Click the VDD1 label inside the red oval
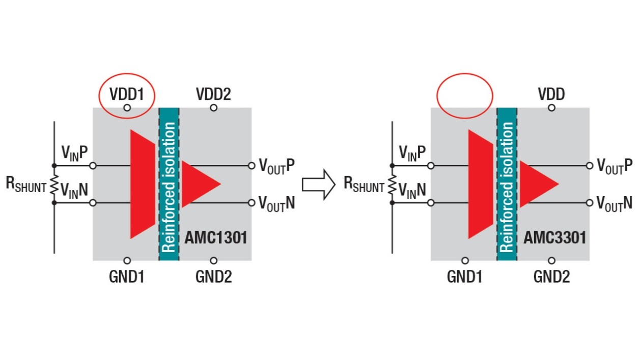pos(127,94)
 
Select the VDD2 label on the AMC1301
pos(213,94)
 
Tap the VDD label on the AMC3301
pos(551,94)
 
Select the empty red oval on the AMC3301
pos(465,95)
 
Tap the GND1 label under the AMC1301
pos(127,277)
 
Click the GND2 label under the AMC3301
pos(551,277)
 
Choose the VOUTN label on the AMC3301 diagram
pos(615,203)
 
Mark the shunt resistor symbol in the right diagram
pos(392,184)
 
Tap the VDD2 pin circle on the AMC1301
pos(213,108)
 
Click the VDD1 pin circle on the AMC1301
pos(127,108)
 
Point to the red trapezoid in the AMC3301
pos(480,184)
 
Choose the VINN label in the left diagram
pos(74,190)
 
